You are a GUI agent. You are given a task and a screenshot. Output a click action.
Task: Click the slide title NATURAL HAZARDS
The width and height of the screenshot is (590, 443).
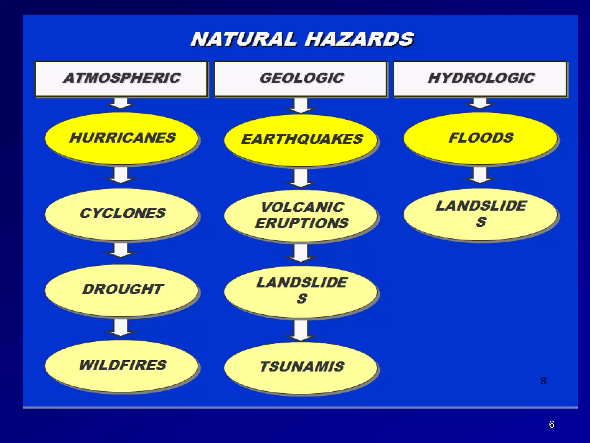302,40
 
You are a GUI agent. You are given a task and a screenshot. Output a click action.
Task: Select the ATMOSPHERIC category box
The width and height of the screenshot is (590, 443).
121,78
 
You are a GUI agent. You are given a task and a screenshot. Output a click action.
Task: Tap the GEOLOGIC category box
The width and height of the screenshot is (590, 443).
301,78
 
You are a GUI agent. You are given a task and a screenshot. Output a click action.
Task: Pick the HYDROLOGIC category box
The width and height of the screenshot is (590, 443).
480,78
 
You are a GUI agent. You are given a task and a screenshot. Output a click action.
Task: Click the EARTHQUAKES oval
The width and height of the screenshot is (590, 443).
301,140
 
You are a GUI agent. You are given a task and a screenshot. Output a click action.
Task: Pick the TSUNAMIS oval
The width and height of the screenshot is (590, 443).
301,367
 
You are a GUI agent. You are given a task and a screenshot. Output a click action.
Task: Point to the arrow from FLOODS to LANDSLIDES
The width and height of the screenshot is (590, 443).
480,175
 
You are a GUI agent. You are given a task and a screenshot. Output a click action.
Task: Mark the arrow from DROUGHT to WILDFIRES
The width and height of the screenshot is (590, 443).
121,327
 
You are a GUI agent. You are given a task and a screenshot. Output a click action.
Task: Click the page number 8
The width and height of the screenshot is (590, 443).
543,381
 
